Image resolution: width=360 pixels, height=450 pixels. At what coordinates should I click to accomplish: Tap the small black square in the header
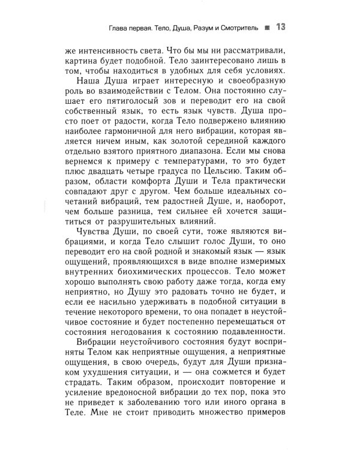coord(267,28)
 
